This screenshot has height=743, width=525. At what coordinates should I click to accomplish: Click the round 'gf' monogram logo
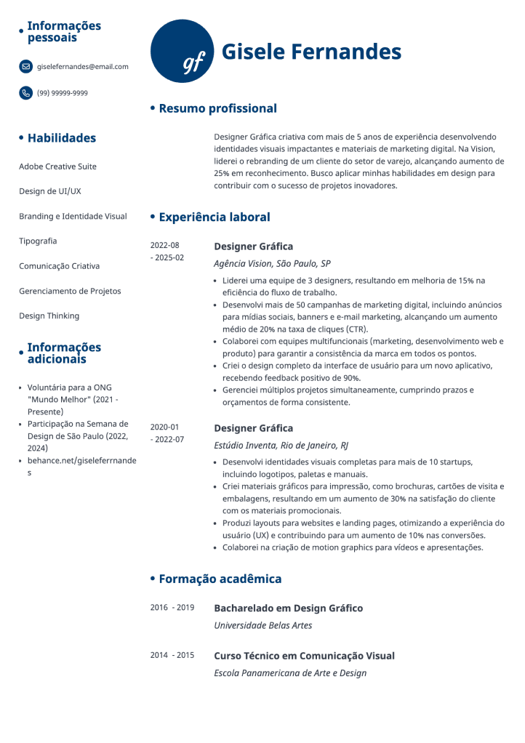coord(183,52)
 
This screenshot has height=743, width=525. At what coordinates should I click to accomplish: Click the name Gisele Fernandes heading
coord(311,52)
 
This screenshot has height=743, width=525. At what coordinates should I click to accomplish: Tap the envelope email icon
coord(25,67)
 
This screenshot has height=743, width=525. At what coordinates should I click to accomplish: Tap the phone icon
coord(25,93)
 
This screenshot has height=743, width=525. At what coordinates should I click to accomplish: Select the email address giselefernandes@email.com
coord(82,67)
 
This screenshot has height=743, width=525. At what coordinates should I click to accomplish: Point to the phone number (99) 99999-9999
coord(63,93)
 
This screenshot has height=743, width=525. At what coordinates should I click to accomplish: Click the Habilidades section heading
coord(61,138)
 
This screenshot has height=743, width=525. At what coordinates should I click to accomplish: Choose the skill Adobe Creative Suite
coord(57,166)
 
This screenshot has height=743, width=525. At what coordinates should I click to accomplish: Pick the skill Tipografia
coord(38,241)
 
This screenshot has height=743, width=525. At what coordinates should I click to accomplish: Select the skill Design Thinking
coord(49,316)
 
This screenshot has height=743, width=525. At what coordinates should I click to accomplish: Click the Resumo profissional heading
coord(217,109)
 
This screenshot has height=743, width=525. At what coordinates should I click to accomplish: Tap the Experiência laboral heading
coord(214,217)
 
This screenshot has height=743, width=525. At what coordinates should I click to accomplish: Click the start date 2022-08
coord(164,246)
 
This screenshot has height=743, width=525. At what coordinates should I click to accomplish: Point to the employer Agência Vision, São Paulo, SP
coord(272,264)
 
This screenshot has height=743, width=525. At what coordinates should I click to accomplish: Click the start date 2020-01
coord(164,427)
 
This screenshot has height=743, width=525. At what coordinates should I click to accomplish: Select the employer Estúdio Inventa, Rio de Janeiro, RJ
coord(281,446)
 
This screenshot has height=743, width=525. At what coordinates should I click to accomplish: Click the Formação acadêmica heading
coord(220,579)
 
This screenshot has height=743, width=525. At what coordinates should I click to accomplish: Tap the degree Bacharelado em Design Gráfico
coord(288,608)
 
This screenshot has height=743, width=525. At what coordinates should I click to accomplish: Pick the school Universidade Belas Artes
coord(262,625)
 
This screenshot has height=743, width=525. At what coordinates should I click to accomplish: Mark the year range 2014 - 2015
coord(172,656)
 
